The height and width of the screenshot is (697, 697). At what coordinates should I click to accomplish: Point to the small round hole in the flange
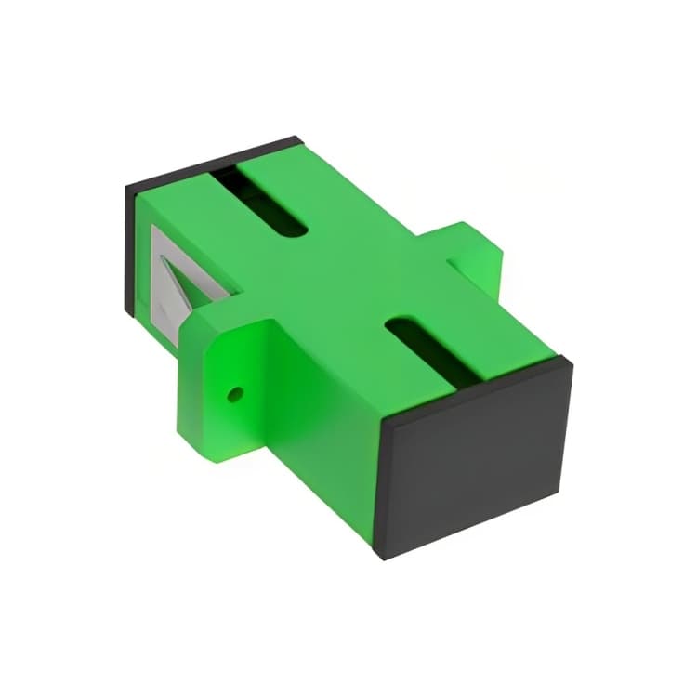click(x=234, y=393)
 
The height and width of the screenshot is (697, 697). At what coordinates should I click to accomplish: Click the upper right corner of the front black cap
click(x=569, y=363)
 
